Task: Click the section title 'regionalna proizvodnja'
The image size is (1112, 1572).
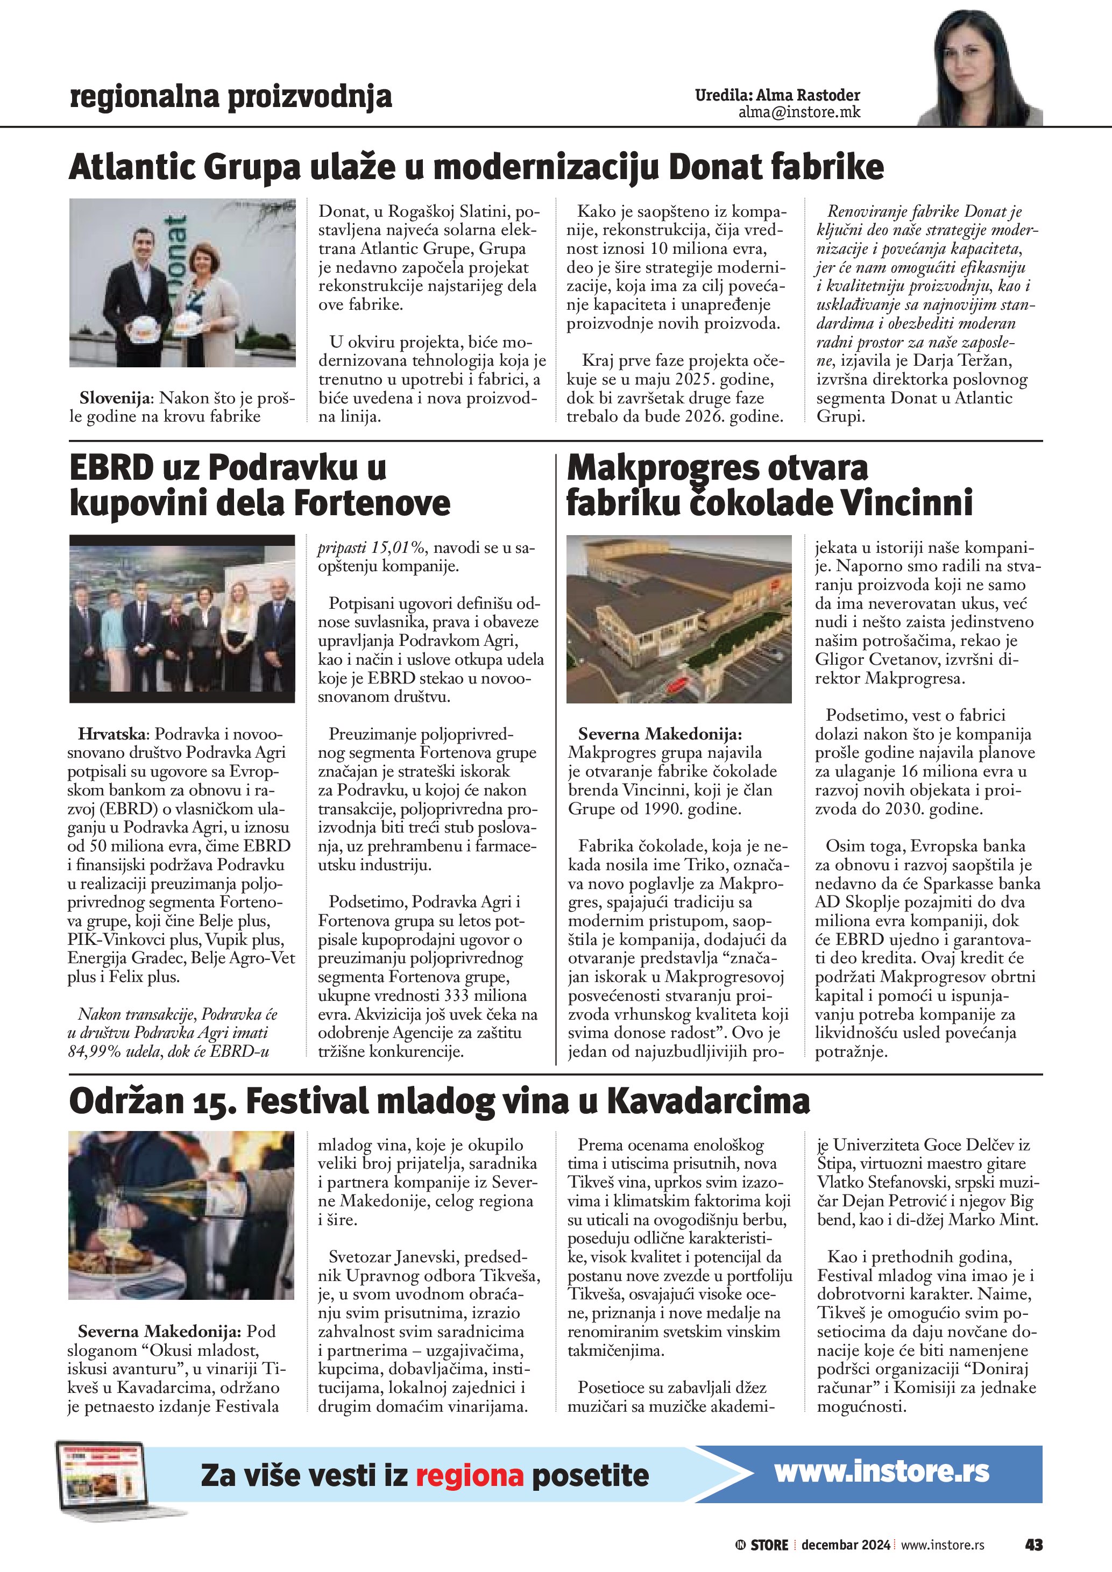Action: tap(231, 97)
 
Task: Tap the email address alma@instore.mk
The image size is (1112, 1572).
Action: tap(798, 113)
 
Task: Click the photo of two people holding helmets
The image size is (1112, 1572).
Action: tap(182, 283)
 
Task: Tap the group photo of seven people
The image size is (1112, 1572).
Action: tap(182, 619)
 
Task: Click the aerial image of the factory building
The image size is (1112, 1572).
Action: tap(678, 619)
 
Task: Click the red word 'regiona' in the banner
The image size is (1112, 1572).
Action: tap(469, 1475)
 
